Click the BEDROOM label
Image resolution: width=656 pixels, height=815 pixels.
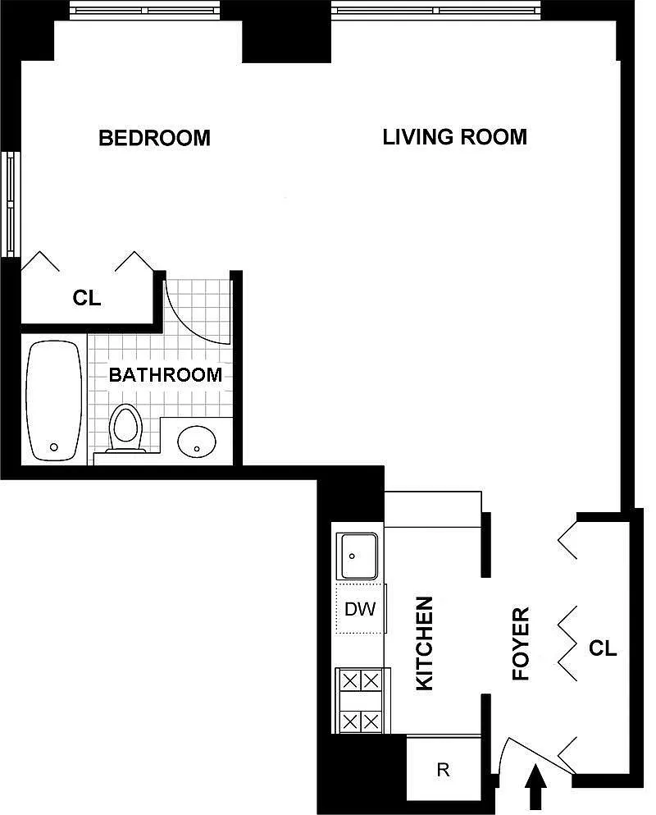tap(154, 138)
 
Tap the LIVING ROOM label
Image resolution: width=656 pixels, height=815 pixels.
tap(455, 137)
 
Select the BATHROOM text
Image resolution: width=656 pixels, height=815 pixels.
tap(166, 374)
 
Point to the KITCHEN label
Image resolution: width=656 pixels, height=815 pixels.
tap(424, 643)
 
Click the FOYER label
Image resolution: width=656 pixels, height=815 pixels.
tap(521, 643)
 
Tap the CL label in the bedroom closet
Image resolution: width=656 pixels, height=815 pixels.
tap(87, 299)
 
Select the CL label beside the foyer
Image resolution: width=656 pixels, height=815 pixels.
tap(603, 648)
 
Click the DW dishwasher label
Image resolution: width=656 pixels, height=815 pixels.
tap(360, 609)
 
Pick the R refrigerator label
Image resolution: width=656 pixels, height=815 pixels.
tap(443, 769)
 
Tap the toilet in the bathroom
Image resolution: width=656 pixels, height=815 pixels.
tap(125, 428)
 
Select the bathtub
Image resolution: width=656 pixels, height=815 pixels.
tap(54, 401)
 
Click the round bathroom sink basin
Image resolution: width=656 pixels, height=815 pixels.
tap(197, 442)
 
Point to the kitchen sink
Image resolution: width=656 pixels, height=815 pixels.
tap(357, 556)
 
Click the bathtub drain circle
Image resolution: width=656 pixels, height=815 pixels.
tap(53, 447)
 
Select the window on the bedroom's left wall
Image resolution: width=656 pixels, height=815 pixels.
tap(11, 204)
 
